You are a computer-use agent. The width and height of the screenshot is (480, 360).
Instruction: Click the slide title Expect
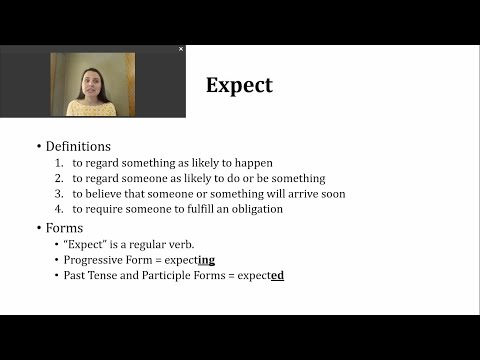(239, 85)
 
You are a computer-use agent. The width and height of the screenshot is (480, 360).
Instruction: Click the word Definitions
(78, 146)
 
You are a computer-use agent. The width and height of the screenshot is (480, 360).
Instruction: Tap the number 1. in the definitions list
(60, 163)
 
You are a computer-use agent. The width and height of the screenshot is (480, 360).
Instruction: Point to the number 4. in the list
(60, 209)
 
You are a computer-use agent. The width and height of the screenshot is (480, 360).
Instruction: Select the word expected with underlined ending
(258, 275)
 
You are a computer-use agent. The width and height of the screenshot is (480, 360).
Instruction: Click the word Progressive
(91, 259)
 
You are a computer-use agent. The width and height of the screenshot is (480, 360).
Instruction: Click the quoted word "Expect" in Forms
(84, 244)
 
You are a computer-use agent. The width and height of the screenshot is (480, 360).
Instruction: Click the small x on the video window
(181, 48)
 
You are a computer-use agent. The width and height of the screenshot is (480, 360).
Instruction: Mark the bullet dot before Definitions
(39, 147)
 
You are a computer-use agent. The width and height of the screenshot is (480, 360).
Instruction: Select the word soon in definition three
(332, 194)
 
